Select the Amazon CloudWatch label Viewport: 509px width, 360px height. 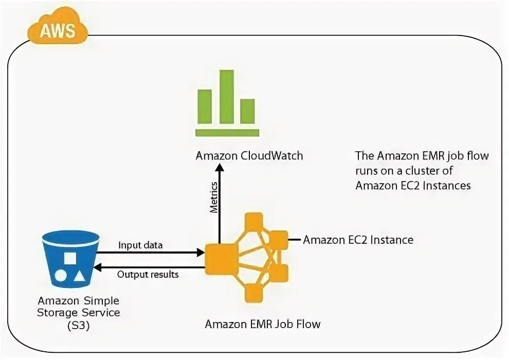coord(249,156)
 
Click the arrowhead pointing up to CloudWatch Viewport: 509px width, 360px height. coord(220,169)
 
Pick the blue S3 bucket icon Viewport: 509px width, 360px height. coord(70,260)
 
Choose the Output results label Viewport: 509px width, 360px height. coord(148,274)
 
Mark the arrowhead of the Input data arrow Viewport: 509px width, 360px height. coord(201,253)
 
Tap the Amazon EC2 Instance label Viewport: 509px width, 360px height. coord(358,240)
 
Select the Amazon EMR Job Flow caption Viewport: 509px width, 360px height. coord(263,324)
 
